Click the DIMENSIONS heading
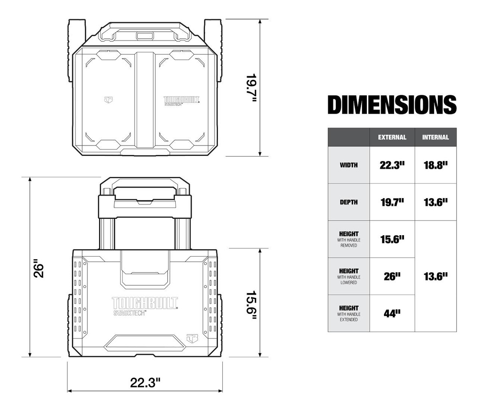392,104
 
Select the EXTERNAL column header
392,137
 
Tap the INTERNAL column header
435,137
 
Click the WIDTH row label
348,165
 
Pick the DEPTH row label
348,202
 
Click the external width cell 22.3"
392,165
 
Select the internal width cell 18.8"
435,165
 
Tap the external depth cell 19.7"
392,202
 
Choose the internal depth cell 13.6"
435,202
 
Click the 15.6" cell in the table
392,239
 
